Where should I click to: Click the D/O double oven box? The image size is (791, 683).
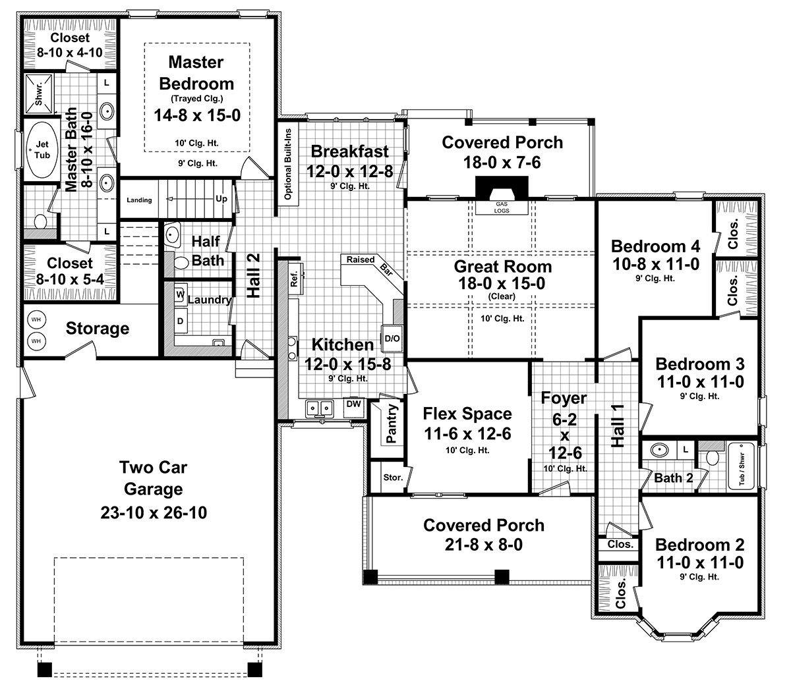pyautogui.click(x=392, y=339)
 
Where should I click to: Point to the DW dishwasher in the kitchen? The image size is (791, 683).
pyautogui.click(x=353, y=404)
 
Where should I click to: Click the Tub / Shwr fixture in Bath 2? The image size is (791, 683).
pyautogui.click(x=741, y=467)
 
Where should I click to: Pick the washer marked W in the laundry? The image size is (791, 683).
pyautogui.click(x=179, y=294)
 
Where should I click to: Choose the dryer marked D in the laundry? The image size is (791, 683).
pyautogui.click(x=179, y=321)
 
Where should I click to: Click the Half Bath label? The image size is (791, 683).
pyautogui.click(x=207, y=251)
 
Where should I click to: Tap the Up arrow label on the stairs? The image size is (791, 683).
pyautogui.click(x=221, y=199)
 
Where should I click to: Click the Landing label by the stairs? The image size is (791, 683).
pyautogui.click(x=140, y=200)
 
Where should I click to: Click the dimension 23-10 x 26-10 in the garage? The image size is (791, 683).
pyautogui.click(x=154, y=512)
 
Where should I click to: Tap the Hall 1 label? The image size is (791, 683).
pyautogui.click(x=618, y=426)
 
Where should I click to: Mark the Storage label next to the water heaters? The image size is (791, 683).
pyautogui.click(x=98, y=328)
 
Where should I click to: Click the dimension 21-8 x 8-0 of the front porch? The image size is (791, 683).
pyautogui.click(x=484, y=546)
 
